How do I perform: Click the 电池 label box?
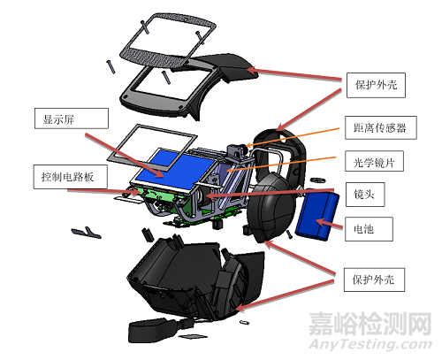tap(362, 227)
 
